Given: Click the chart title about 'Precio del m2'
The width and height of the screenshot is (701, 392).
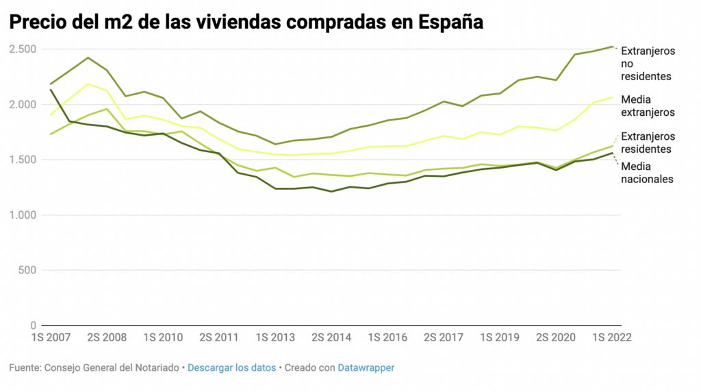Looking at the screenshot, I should click(x=246, y=22).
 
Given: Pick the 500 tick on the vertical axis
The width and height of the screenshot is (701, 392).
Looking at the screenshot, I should click(x=27, y=270).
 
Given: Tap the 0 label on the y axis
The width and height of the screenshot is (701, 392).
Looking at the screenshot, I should click(x=33, y=326).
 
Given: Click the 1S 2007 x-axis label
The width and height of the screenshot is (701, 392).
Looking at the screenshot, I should click(x=51, y=338).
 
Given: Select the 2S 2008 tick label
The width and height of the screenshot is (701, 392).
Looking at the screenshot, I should click(x=107, y=338).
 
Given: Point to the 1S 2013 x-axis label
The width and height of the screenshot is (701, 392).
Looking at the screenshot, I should click(x=275, y=338).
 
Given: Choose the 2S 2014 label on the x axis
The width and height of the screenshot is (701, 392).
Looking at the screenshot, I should click(x=331, y=338).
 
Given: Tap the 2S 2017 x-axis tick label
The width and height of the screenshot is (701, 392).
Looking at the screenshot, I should click(x=444, y=338).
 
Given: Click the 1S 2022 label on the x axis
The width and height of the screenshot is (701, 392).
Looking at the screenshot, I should click(x=611, y=338).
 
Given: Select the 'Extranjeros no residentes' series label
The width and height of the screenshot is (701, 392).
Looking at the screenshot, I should click(x=648, y=64).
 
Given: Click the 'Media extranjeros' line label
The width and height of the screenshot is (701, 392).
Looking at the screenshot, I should click(x=648, y=106).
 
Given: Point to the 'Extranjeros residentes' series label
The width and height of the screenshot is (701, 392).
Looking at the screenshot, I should click(x=648, y=143).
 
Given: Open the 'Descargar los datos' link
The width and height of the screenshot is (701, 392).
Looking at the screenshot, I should click(x=231, y=368).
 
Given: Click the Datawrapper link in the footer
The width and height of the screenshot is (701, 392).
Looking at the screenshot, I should click(x=366, y=368).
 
